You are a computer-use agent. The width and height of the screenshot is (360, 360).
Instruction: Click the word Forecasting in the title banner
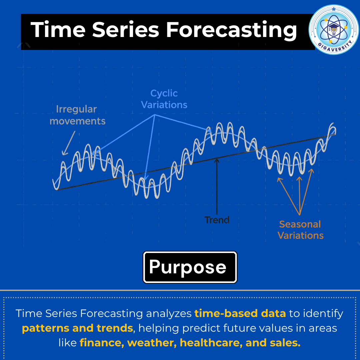click(231, 30)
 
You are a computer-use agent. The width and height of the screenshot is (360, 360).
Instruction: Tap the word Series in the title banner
click(126, 30)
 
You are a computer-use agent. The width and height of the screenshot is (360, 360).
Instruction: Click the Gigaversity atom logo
click(334, 29)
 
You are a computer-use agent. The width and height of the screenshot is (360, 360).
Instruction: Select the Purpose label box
click(190, 267)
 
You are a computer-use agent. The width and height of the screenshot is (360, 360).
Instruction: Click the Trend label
click(217, 220)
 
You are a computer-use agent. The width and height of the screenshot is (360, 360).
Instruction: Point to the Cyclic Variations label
click(164, 99)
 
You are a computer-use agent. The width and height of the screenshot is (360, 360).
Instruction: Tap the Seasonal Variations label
click(300, 230)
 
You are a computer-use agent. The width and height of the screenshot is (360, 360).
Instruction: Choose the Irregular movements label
click(77, 115)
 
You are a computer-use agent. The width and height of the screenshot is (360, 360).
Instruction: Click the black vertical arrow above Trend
click(217, 186)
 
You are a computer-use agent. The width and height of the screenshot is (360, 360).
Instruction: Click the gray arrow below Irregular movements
click(68, 143)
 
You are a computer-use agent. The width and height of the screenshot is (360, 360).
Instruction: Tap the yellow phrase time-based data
click(240, 313)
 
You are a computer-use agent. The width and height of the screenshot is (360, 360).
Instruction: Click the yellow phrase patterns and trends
click(78, 328)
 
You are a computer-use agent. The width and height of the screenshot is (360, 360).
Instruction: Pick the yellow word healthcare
click(211, 343)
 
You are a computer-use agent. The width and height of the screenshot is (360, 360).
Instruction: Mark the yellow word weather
click(152, 343)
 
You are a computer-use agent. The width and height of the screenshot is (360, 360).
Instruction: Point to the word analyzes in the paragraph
click(169, 314)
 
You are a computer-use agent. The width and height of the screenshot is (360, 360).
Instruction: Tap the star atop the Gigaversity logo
click(334, 9)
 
